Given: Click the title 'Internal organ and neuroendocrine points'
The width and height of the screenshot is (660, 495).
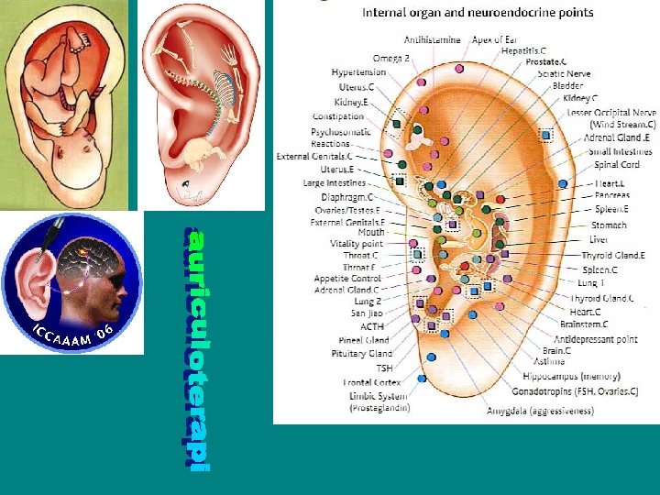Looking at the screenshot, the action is (x=478, y=13).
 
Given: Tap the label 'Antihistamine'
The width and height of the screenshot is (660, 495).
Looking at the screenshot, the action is (x=434, y=40).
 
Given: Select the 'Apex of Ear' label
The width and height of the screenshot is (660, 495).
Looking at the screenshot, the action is (x=496, y=40).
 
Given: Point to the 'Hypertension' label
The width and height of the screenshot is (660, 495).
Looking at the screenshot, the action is (x=358, y=72).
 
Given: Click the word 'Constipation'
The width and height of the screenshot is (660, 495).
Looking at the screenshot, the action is (x=338, y=116).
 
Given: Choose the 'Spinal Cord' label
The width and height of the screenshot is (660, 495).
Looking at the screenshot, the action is (x=617, y=165).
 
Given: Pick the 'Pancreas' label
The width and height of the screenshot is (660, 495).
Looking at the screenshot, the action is (x=612, y=195).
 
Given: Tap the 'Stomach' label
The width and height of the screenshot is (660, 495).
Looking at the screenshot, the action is (x=610, y=225).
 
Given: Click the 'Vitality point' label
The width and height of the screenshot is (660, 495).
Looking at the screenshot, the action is (x=357, y=244).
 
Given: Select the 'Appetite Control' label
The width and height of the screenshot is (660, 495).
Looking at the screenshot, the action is (x=347, y=279).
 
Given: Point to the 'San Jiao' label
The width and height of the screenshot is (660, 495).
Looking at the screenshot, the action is (x=367, y=313).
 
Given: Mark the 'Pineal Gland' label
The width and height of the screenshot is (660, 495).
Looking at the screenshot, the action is (x=367, y=340).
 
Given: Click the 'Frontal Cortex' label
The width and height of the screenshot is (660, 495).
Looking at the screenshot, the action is (x=371, y=382).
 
